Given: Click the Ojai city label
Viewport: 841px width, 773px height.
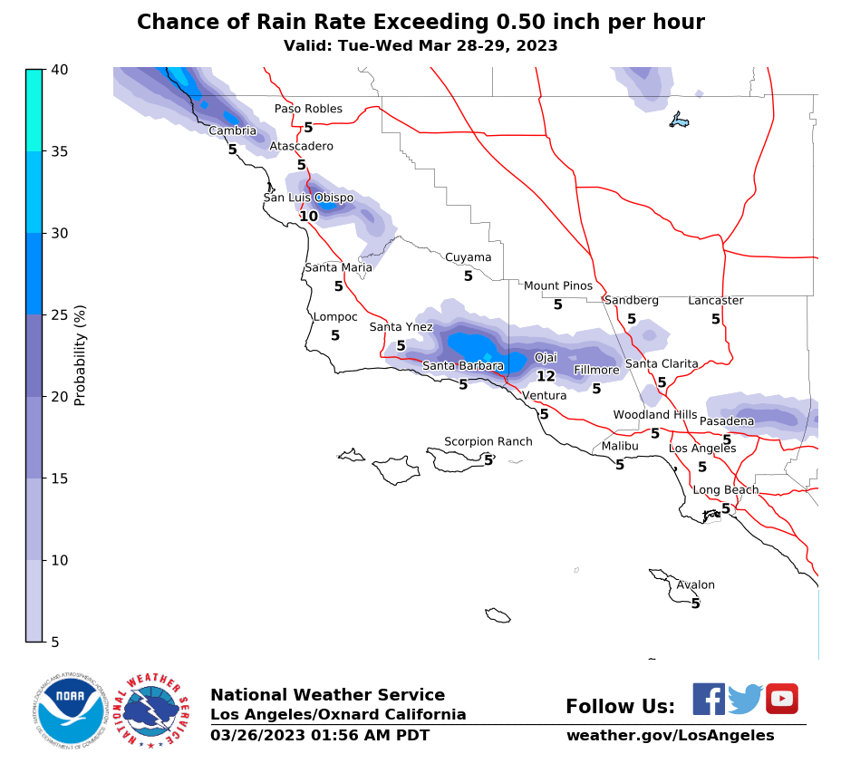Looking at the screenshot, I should pos(546,358).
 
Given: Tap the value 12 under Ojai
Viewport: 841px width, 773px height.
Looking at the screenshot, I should pos(546,376).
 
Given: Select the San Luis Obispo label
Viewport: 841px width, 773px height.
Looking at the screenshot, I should pos(308,198).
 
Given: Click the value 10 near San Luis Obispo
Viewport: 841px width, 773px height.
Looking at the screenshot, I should pos(308,216).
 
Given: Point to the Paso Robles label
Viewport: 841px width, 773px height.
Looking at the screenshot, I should pos(308,109).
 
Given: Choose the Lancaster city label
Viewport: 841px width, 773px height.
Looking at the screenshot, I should pos(715,301).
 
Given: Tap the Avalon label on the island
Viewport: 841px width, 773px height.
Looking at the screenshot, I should pos(695,585).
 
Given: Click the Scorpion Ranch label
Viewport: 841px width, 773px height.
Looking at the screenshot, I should pos(488,442).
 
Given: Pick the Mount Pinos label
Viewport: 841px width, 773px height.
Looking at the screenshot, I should pos(557,286).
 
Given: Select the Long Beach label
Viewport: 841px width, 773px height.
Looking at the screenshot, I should pos(725,490).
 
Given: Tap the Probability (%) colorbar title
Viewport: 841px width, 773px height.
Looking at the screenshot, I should pos(80,355).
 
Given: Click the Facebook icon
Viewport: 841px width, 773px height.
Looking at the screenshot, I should pos(709,699).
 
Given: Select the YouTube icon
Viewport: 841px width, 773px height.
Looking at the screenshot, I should pos(781,699).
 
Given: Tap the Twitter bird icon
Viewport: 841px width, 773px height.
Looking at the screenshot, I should pos(745,699).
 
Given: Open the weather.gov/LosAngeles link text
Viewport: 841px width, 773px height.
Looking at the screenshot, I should pos(670,735).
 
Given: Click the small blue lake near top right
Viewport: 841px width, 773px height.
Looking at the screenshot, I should pos(679,120).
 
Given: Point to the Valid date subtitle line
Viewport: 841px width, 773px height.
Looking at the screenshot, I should pos(420,45).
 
